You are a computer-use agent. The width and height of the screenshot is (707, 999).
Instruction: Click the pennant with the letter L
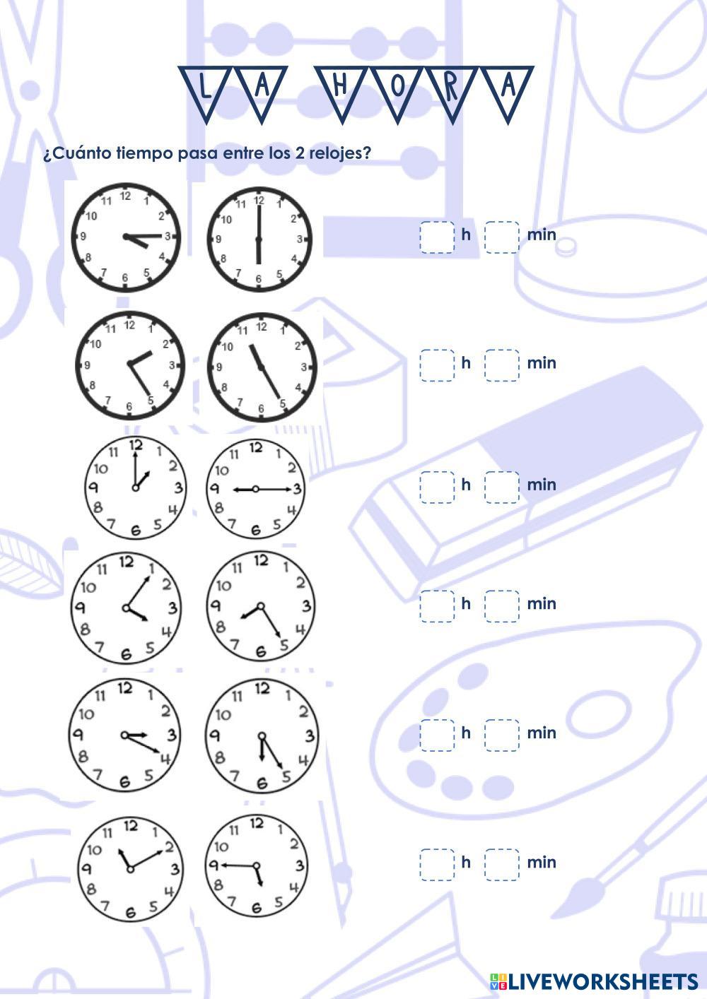(204, 89)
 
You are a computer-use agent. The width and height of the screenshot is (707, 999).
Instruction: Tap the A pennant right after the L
(262, 89)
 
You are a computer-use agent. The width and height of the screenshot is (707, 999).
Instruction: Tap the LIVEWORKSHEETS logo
(593, 981)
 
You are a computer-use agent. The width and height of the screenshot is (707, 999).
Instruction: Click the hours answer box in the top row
(437, 237)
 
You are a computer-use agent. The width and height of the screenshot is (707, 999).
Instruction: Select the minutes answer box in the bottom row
(502, 864)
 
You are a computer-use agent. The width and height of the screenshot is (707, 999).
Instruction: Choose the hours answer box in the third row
(437, 487)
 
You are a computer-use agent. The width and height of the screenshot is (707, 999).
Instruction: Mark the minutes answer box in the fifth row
(502, 735)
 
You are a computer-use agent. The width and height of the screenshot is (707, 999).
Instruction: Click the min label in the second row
(542, 363)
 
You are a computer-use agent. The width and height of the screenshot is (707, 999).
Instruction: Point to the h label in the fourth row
(465, 603)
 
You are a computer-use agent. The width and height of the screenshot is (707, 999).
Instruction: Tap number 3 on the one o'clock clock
(178, 487)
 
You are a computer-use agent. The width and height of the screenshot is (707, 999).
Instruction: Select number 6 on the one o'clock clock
(136, 530)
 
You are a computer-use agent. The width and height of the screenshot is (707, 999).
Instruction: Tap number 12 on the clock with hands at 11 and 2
(130, 825)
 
